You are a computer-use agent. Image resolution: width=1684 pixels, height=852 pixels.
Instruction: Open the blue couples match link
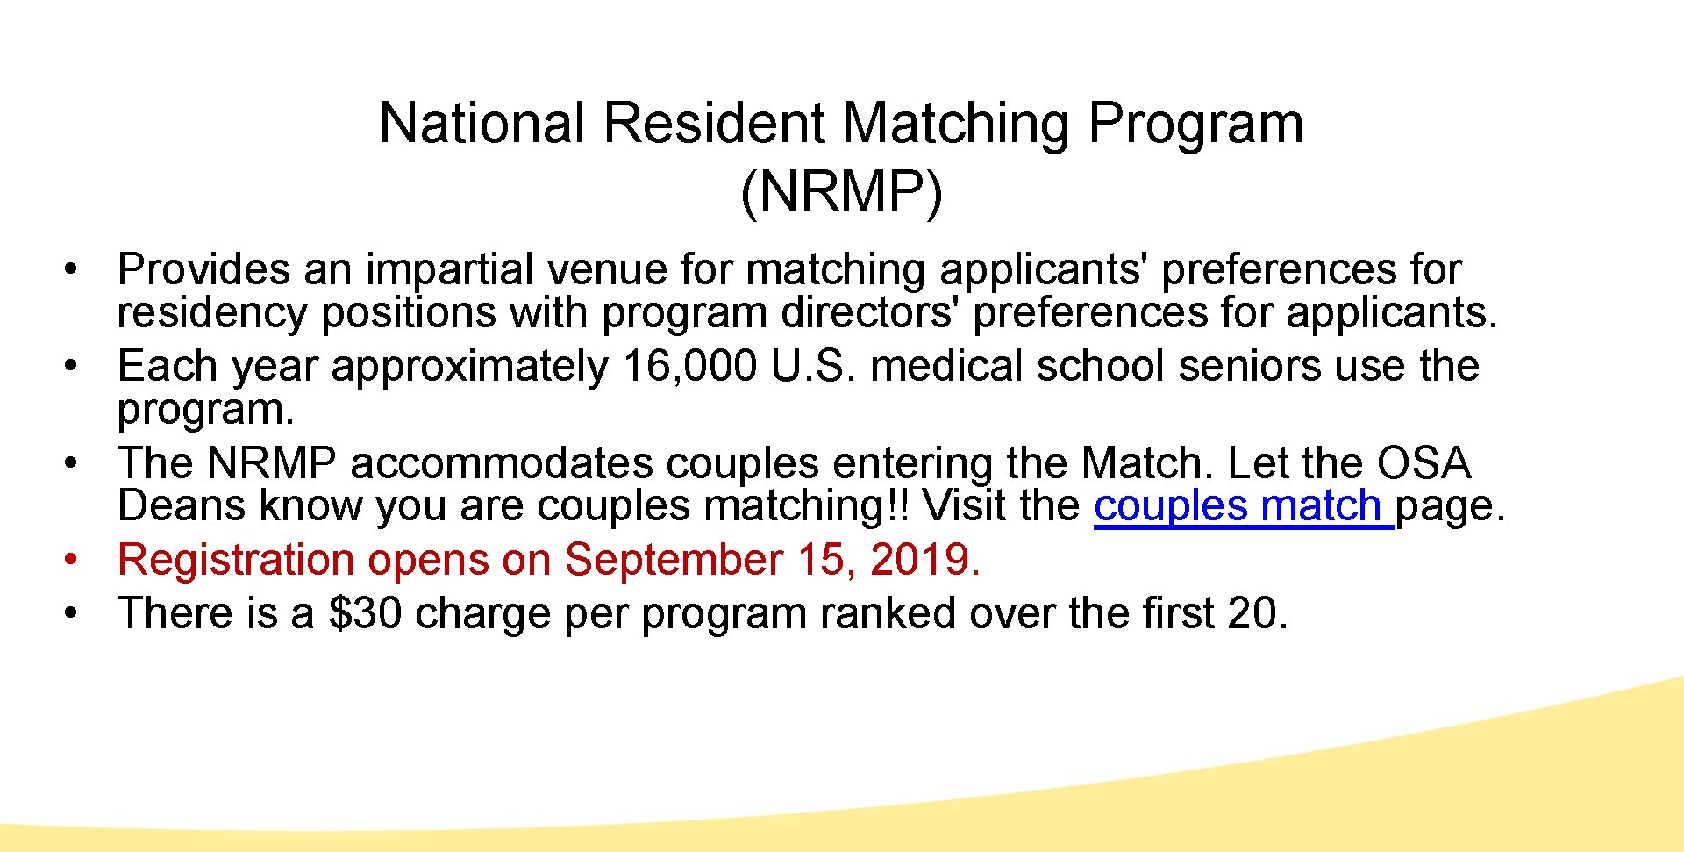(1243, 506)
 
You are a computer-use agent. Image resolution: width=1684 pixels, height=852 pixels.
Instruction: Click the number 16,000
(689, 366)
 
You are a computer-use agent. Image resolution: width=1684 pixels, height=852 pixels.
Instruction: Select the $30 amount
(365, 612)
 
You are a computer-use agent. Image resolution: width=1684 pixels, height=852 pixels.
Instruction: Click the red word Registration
(235, 561)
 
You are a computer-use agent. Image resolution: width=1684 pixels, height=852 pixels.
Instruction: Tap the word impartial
(450, 269)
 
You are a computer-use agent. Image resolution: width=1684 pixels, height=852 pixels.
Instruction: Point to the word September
(674, 561)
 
